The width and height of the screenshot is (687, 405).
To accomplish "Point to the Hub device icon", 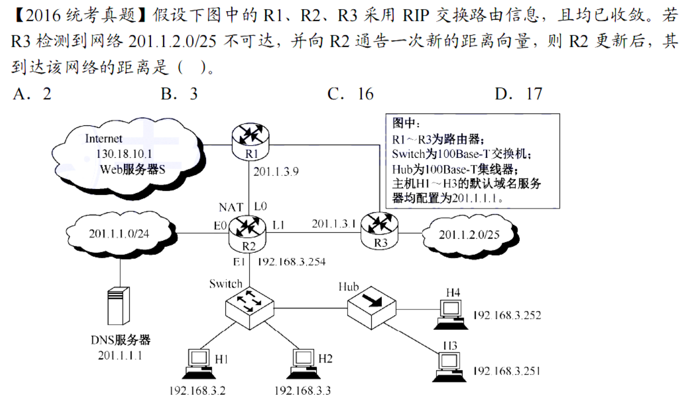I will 372,305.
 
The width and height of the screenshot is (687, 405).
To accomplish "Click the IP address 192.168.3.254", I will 291,262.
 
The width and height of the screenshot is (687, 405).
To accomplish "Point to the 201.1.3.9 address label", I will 276,171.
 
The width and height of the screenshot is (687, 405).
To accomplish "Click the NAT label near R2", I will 231,207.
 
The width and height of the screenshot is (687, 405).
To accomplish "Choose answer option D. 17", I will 518,94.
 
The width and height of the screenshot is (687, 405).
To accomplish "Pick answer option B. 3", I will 179,94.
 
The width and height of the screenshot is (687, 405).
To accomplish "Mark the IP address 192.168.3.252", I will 507,315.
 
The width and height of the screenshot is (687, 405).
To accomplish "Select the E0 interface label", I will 220,227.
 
